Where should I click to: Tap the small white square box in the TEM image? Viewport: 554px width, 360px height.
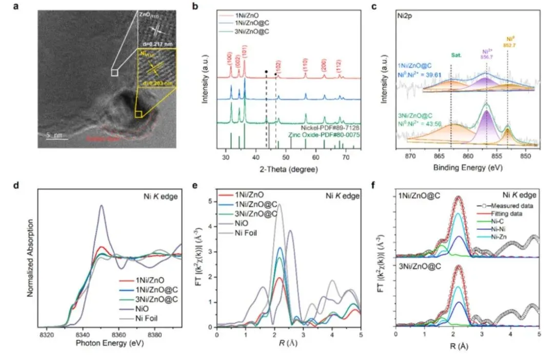click(115, 73)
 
